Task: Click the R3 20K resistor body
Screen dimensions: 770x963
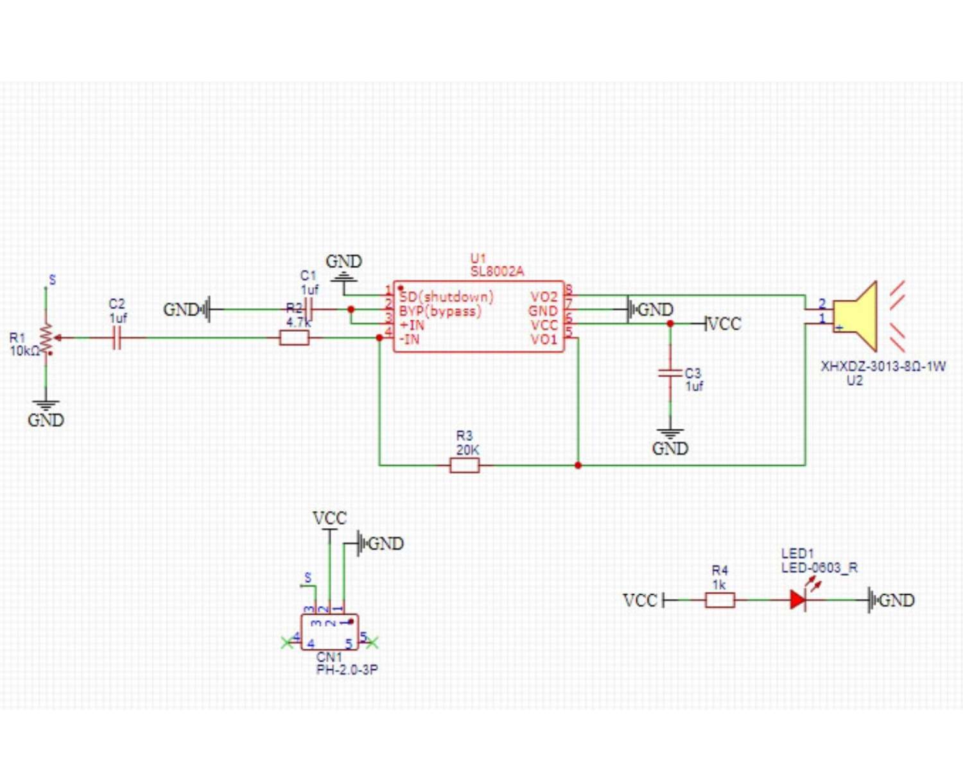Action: (x=464, y=465)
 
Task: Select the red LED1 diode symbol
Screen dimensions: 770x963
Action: (x=798, y=600)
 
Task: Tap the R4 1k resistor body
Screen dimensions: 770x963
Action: (x=720, y=600)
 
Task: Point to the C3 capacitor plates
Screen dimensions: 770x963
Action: (x=670, y=373)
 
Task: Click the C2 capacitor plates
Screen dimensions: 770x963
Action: (x=117, y=338)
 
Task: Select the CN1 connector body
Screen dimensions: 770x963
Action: (x=330, y=632)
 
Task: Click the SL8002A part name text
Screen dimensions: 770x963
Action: (x=497, y=271)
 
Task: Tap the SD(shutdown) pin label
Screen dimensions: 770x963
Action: (x=447, y=297)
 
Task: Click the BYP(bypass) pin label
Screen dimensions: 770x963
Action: (x=440, y=311)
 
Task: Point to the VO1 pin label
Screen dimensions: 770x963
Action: (x=544, y=339)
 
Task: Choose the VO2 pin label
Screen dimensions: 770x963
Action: (x=544, y=297)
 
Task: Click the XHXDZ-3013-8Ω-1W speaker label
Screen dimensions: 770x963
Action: (x=883, y=366)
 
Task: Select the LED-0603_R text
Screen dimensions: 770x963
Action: (x=819, y=568)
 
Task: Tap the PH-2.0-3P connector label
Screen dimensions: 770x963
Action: (x=347, y=670)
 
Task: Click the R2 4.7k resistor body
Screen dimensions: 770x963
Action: (x=294, y=338)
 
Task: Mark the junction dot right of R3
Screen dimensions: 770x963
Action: (x=578, y=465)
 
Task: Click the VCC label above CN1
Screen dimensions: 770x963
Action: (x=329, y=518)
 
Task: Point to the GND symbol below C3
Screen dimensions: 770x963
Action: (x=670, y=443)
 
